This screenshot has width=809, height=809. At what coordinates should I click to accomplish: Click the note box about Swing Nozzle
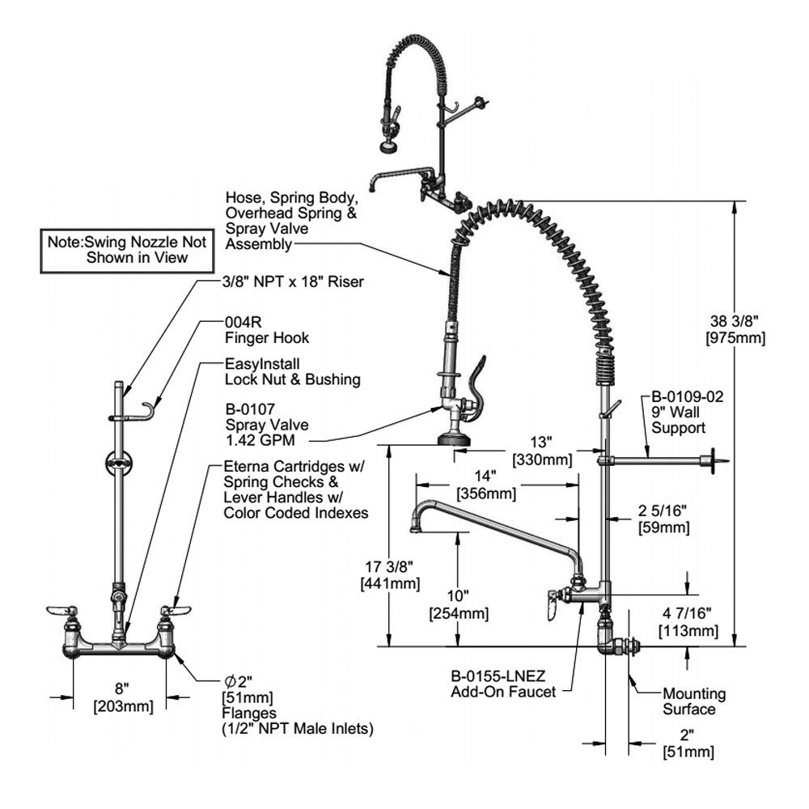pyautogui.click(x=126, y=249)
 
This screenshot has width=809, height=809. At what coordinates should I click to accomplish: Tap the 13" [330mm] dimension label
pyautogui.click(x=542, y=451)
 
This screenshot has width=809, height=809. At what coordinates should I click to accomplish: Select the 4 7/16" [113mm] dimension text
pyautogui.click(x=688, y=623)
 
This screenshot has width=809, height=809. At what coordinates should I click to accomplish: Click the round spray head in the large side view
pyautogui.click(x=454, y=438)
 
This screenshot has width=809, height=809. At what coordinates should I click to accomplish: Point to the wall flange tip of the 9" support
pyautogui.click(x=716, y=461)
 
